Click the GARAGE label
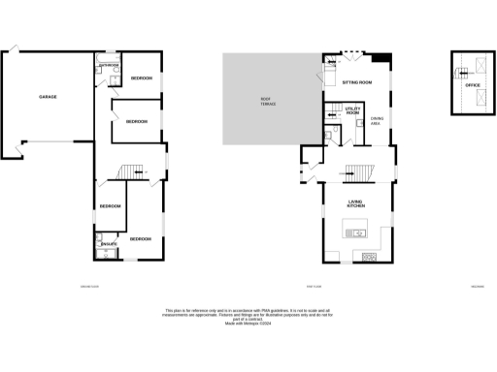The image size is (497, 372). (x=47, y=98)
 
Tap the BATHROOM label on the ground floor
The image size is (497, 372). (x=109, y=65)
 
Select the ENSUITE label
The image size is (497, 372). (x=108, y=243)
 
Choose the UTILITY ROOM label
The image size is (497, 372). (x=352, y=111)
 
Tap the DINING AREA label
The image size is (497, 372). (x=377, y=119)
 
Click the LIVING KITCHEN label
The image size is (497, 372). (x=356, y=205)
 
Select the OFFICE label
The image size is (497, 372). (x=473, y=85)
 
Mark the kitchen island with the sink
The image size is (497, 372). (x=356, y=232)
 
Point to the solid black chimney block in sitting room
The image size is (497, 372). (x=386, y=57)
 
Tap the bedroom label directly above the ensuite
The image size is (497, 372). (x=111, y=206)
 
